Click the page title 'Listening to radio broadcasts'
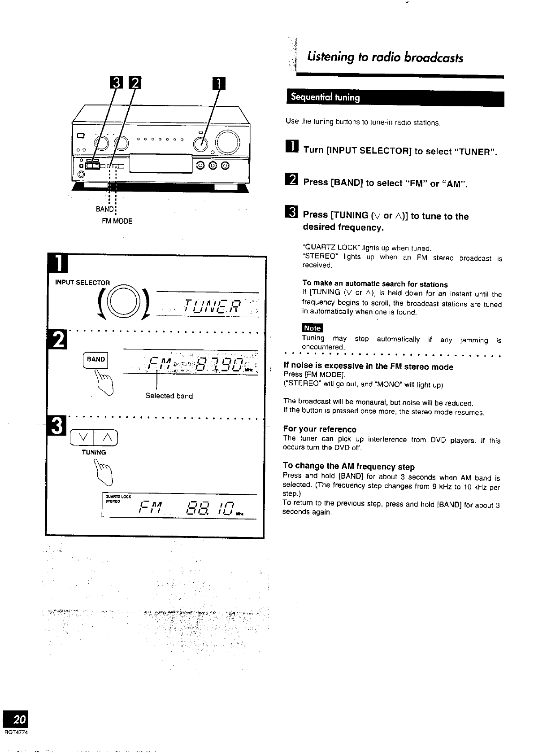pyautogui.click(x=385, y=58)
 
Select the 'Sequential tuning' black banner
pyautogui.click(x=395, y=98)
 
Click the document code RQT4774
pyautogui.click(x=16, y=733)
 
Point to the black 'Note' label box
pyautogui.click(x=312, y=328)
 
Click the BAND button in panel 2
pyautogui.click(x=96, y=360)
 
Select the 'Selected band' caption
pyautogui.click(x=169, y=396)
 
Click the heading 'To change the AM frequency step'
pyautogui.click(x=349, y=467)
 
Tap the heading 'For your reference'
pyautogui.click(x=320, y=429)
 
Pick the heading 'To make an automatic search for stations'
pyautogui.click(x=375, y=284)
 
